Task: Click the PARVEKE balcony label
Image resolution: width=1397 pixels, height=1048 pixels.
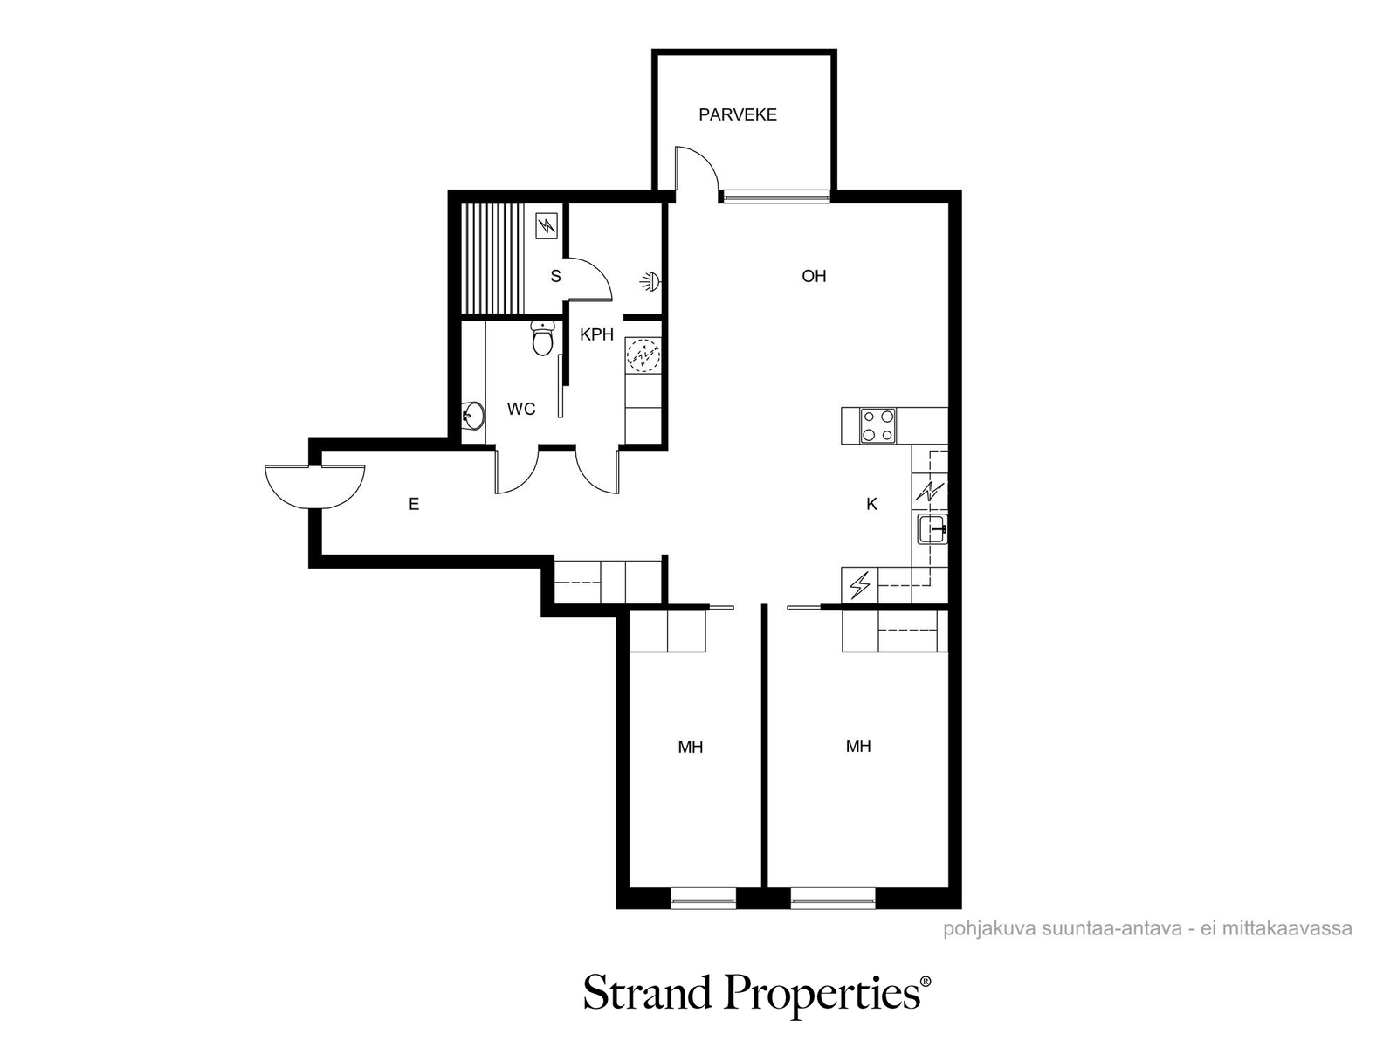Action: click(x=737, y=114)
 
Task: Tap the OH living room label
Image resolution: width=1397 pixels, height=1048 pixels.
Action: click(x=814, y=276)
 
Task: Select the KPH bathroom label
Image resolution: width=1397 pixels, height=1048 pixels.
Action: click(x=596, y=334)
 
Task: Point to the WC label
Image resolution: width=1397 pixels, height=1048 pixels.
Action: click(x=520, y=409)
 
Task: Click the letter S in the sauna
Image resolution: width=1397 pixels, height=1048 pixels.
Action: click(x=555, y=276)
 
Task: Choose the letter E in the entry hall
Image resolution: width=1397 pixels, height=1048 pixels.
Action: click(x=414, y=505)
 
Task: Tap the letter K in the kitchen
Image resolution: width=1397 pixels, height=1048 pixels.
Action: click(x=872, y=504)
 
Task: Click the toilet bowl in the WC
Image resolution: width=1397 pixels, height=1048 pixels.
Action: click(x=543, y=339)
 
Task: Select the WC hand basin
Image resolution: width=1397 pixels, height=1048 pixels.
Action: click(x=472, y=417)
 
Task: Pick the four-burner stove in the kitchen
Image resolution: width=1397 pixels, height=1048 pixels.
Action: click(x=877, y=425)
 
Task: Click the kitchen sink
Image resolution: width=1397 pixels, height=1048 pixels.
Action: click(x=932, y=528)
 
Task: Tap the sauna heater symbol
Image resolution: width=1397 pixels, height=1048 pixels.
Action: click(x=547, y=225)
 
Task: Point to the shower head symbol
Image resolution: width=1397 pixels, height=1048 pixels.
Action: click(x=650, y=281)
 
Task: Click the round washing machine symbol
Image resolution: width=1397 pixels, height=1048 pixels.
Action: click(x=643, y=354)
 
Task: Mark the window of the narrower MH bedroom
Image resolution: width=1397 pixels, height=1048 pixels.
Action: click(x=703, y=900)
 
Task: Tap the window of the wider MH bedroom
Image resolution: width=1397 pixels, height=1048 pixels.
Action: click(x=833, y=900)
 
